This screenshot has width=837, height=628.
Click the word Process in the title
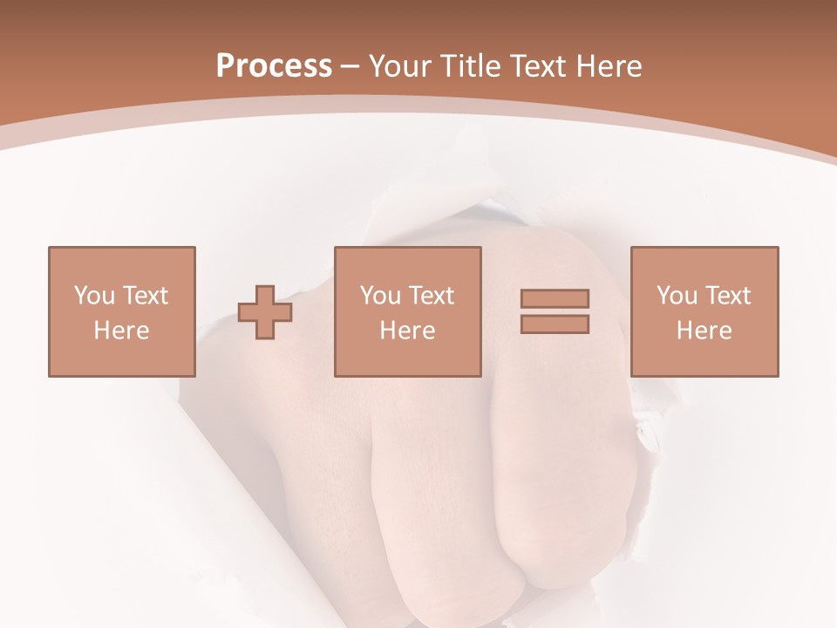tap(274, 66)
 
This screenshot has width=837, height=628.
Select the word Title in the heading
tap(471, 66)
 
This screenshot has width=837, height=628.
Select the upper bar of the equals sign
tap(555, 298)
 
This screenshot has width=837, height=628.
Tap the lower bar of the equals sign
tap(555, 324)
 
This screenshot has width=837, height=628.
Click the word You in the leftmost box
tap(94, 296)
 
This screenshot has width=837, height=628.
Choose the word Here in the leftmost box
tap(121, 331)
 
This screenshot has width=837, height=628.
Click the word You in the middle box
tap(381, 296)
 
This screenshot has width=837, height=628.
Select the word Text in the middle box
tap(431, 296)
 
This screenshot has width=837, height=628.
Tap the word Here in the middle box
tap(408, 331)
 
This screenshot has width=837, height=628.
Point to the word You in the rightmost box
tap(677, 296)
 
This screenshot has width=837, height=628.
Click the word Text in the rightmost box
tap(727, 296)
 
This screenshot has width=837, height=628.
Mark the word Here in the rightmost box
tap(704, 331)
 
